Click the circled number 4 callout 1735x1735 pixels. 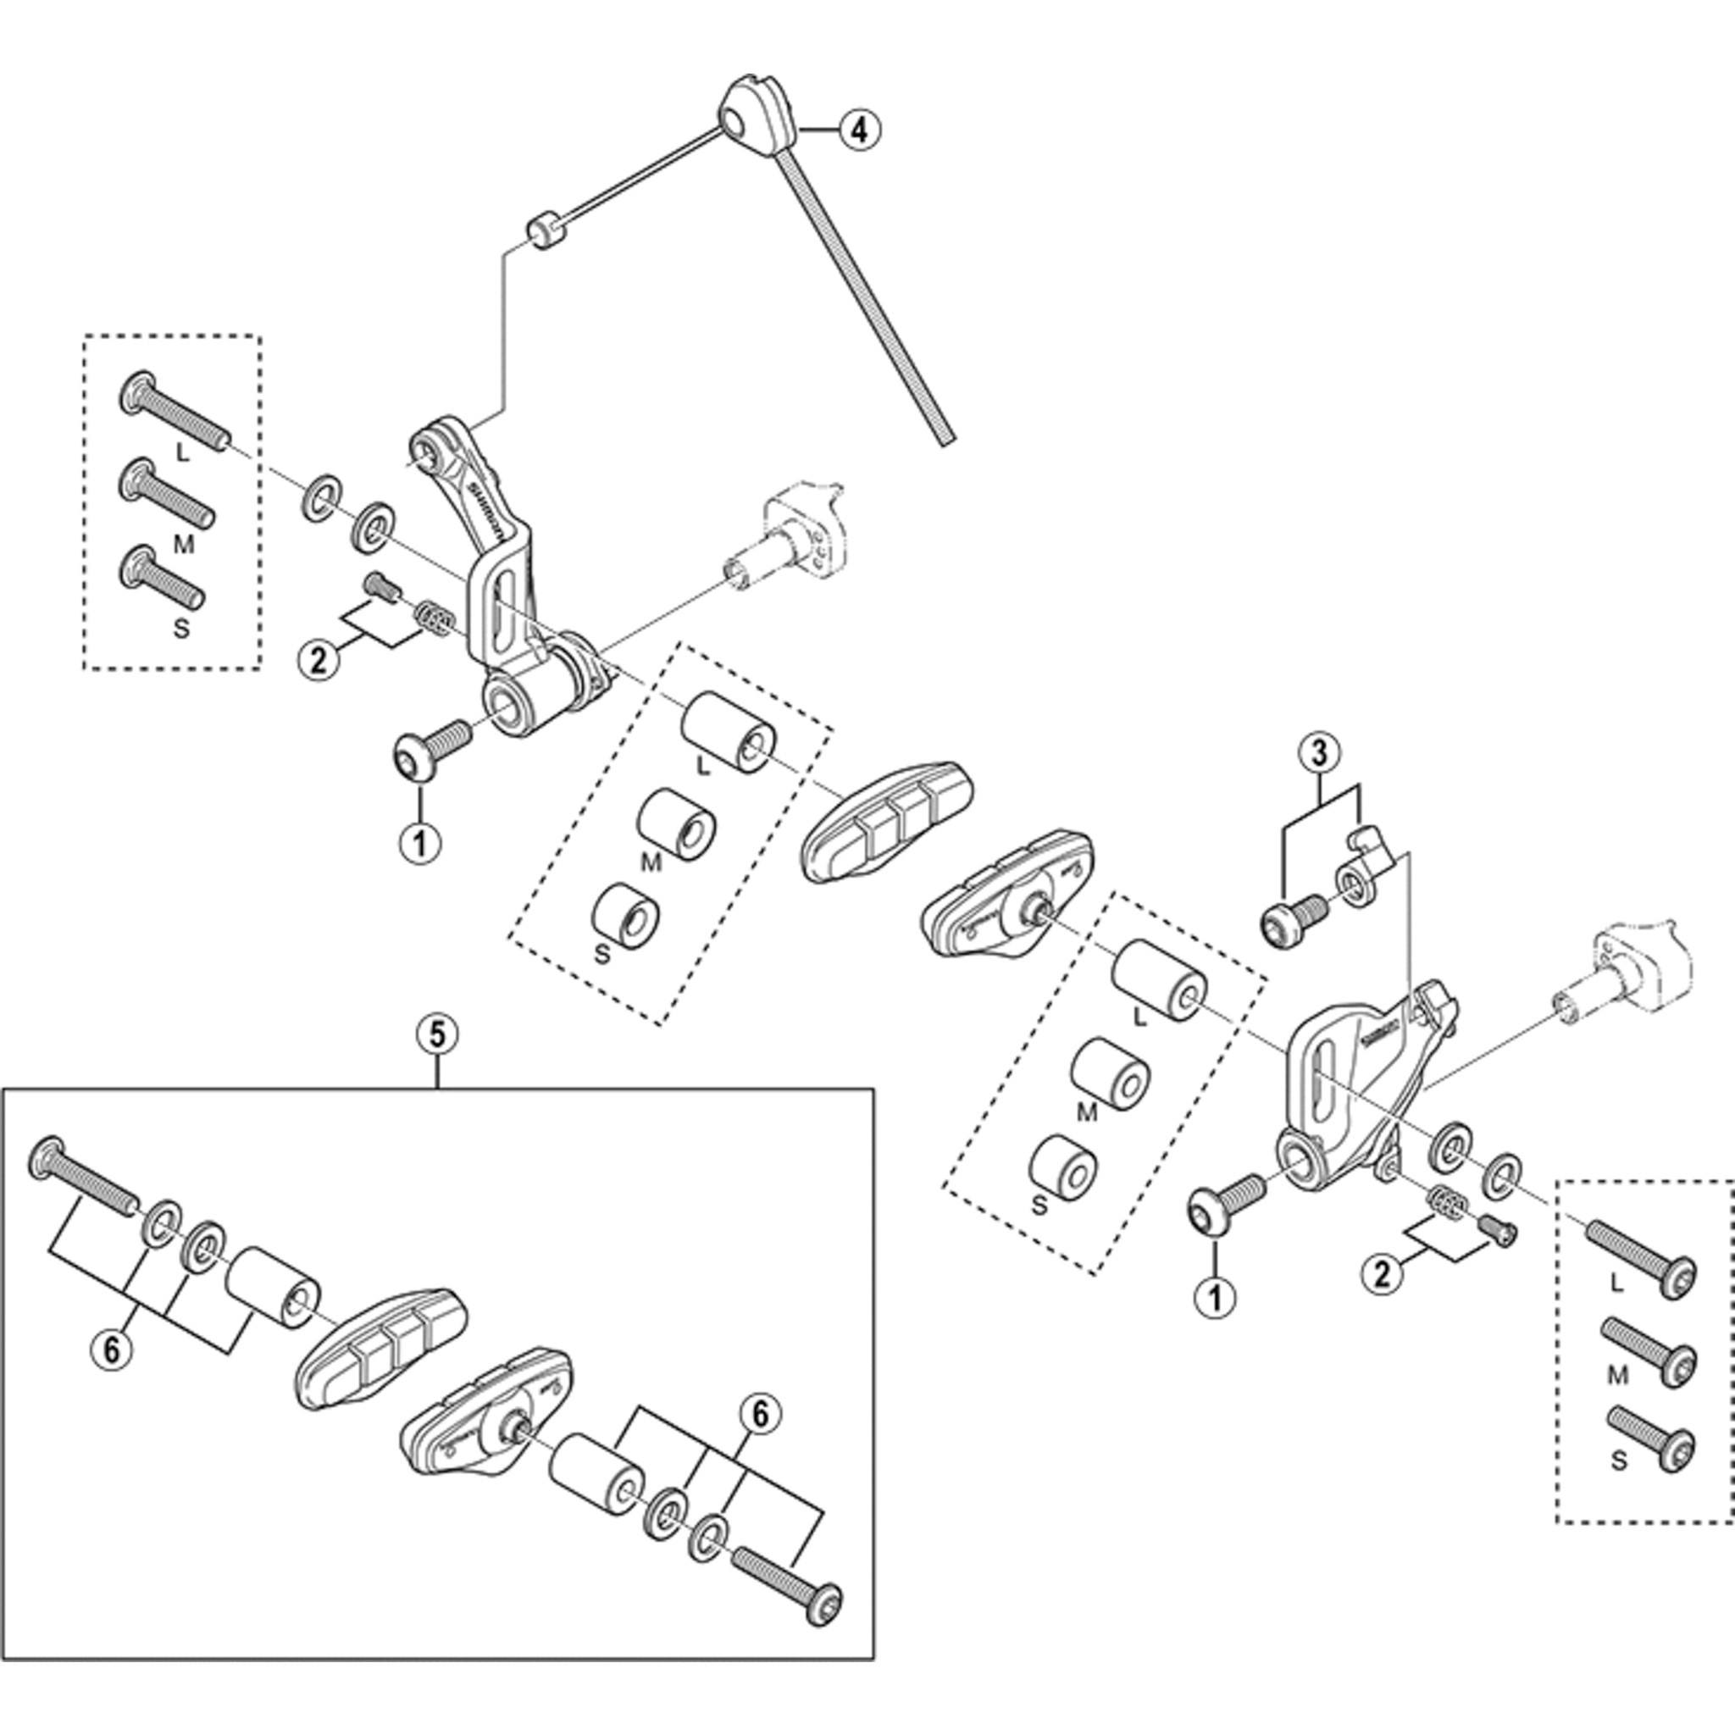(x=859, y=130)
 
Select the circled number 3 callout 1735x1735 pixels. (x=1318, y=753)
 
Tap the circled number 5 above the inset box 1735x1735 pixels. (x=436, y=1034)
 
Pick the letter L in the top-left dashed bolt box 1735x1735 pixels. (x=183, y=452)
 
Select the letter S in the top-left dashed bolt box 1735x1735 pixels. (x=181, y=628)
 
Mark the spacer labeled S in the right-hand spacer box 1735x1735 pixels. (x=1062, y=1167)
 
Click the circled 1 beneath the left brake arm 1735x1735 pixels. (x=421, y=841)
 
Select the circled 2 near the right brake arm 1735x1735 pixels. (x=1381, y=1273)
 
